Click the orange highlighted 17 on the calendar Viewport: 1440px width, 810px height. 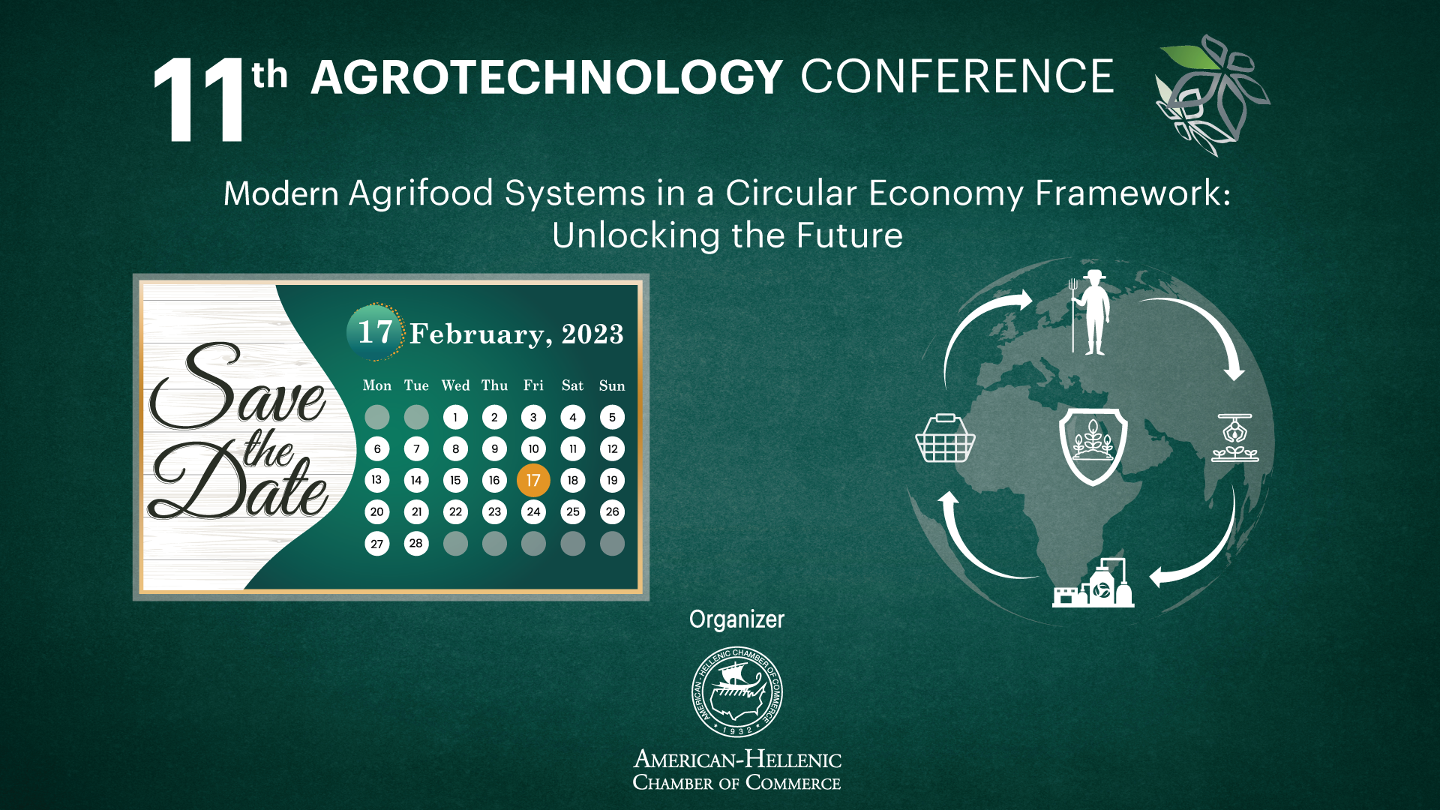point(533,481)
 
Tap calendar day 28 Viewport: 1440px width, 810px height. point(416,543)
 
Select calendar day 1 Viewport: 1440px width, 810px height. point(455,417)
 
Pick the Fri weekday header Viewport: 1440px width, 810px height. point(533,385)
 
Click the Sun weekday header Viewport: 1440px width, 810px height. point(612,385)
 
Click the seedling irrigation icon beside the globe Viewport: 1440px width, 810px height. point(1235,437)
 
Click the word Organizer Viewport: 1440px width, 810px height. point(736,619)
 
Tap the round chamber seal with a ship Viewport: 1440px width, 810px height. point(737,692)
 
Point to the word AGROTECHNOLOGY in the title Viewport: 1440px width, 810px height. point(547,77)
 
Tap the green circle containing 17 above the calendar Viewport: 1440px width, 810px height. point(376,332)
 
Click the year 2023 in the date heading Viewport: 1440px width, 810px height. point(592,334)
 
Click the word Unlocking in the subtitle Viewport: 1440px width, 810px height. point(636,235)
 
